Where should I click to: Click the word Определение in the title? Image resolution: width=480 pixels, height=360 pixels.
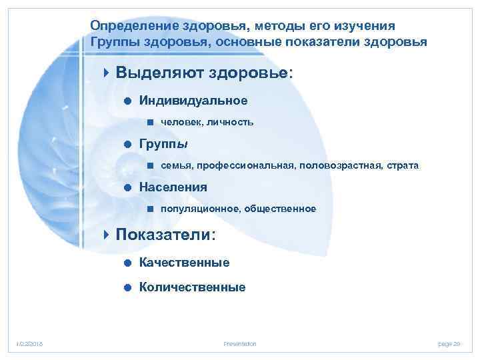(129, 25)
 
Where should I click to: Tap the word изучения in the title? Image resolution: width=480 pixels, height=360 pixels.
(366, 25)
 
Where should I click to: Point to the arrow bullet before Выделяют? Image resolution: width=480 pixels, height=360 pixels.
(108, 72)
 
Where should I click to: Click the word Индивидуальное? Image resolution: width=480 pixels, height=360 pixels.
(193, 101)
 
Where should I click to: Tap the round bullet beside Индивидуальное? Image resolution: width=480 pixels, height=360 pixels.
(126, 101)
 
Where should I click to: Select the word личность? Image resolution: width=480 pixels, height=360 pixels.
(230, 123)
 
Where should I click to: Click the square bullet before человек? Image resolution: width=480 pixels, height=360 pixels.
(150, 123)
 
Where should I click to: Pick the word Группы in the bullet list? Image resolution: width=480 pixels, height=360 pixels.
(163, 144)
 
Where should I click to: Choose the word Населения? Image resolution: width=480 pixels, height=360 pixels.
(173, 187)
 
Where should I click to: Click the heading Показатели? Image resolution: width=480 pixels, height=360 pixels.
(165, 235)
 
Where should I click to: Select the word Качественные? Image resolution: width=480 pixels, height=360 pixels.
(184, 263)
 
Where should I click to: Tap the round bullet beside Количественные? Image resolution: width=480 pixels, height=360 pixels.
(126, 288)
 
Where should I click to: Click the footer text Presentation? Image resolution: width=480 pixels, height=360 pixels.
(240, 343)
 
